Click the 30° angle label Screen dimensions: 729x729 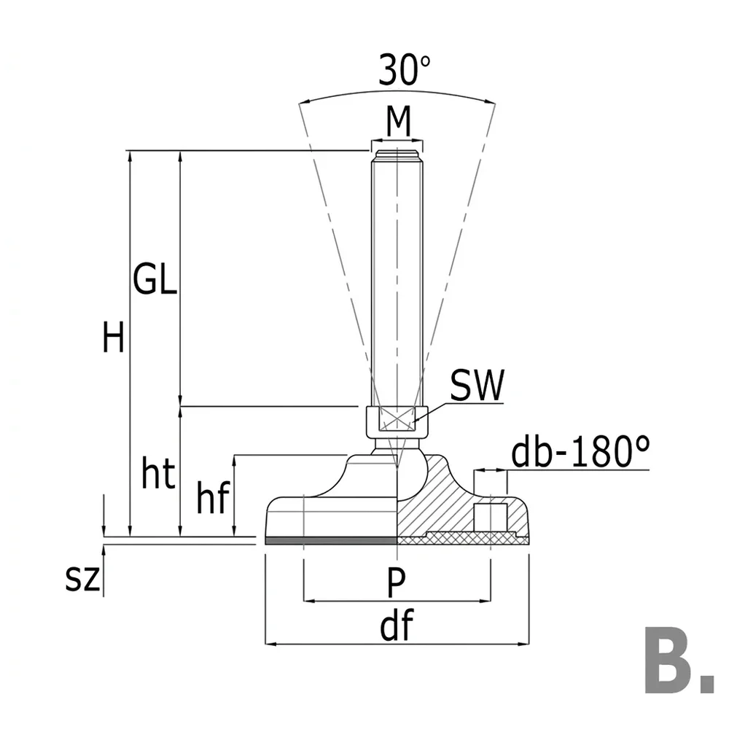tap(404, 70)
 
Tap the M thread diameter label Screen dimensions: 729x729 tap(399, 121)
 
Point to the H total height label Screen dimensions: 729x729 tap(114, 337)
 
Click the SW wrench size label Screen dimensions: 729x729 tap(477, 385)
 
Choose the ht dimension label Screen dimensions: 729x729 tap(158, 473)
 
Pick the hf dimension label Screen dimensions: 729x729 tap(214, 497)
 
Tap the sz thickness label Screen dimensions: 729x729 tap(82, 578)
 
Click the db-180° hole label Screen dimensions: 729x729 tap(580, 451)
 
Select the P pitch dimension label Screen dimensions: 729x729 tap(396, 582)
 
